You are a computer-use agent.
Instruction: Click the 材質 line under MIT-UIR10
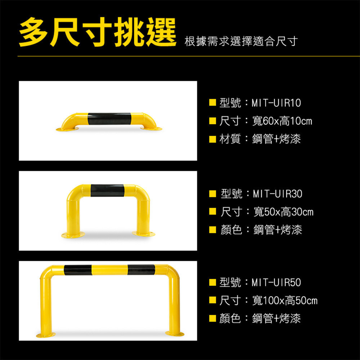(x=260, y=139)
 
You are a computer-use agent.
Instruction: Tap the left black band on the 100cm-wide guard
(x=78, y=269)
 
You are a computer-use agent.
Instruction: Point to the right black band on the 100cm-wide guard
(x=141, y=270)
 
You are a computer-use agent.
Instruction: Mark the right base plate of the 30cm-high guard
(x=143, y=234)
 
